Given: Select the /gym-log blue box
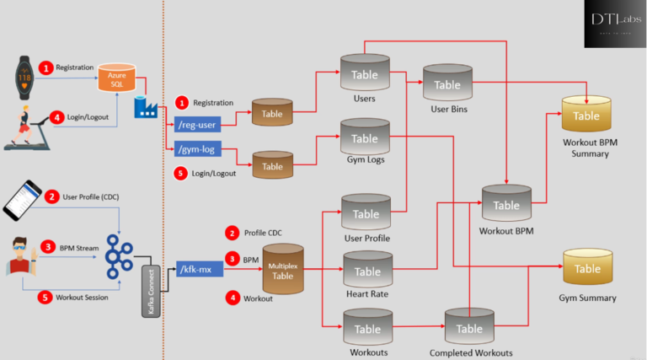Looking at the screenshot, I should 198,150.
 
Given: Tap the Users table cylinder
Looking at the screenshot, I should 364,74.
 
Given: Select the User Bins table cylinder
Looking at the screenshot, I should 446,84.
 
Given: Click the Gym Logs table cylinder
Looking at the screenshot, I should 364,137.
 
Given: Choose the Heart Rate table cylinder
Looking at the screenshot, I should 367,271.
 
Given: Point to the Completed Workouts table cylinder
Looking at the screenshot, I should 468,328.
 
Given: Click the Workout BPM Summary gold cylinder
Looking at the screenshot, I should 586,115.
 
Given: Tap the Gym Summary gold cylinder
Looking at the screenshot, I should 586,268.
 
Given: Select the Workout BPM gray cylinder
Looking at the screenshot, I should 505,204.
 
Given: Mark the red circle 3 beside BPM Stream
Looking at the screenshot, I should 49,247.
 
